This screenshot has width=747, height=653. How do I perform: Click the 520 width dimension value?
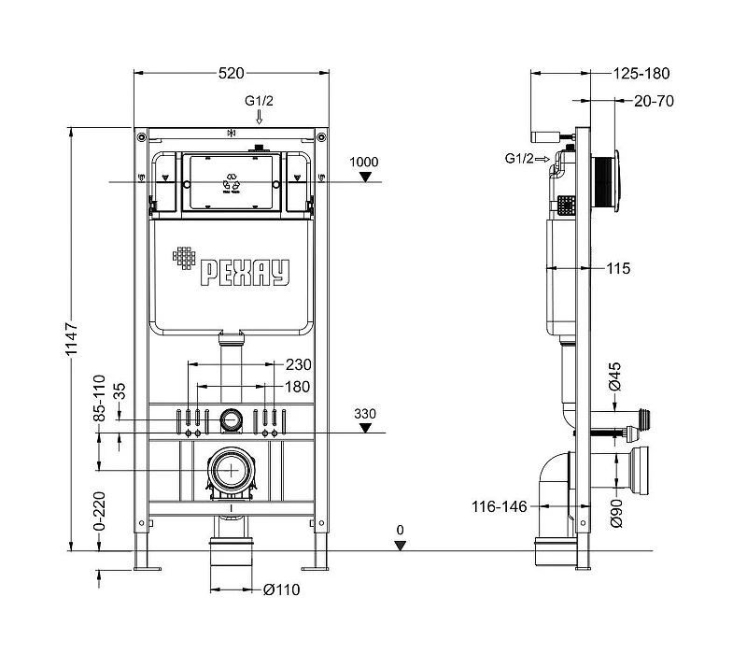coord(231,73)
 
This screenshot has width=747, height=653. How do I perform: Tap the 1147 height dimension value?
coord(71,339)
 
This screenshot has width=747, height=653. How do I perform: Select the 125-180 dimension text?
coord(641,74)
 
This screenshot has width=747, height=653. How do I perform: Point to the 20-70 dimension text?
coord(654,101)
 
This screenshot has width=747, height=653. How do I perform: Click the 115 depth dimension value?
coord(618,268)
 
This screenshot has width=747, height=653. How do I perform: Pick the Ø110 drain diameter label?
coord(282,589)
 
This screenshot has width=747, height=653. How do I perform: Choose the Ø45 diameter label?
coord(615,376)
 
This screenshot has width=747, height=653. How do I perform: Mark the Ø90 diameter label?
coord(616,513)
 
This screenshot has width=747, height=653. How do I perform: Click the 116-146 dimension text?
coord(500,506)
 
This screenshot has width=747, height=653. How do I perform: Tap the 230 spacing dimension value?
coord(298,364)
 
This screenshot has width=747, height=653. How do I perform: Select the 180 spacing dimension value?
coord(297,387)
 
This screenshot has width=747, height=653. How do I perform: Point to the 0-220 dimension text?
coord(99,511)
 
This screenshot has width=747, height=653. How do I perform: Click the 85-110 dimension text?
coord(99,398)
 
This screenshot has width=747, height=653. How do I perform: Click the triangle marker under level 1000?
coord(365,177)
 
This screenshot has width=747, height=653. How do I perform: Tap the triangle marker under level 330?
coord(365,428)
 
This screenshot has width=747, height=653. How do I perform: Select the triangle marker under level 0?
coord(401,546)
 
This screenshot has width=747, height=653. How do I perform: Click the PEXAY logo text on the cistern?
coord(245,273)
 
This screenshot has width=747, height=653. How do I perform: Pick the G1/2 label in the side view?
coord(519,158)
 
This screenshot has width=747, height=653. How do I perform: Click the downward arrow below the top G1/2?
coord(260,117)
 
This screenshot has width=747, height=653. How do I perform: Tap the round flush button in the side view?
coord(616,180)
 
